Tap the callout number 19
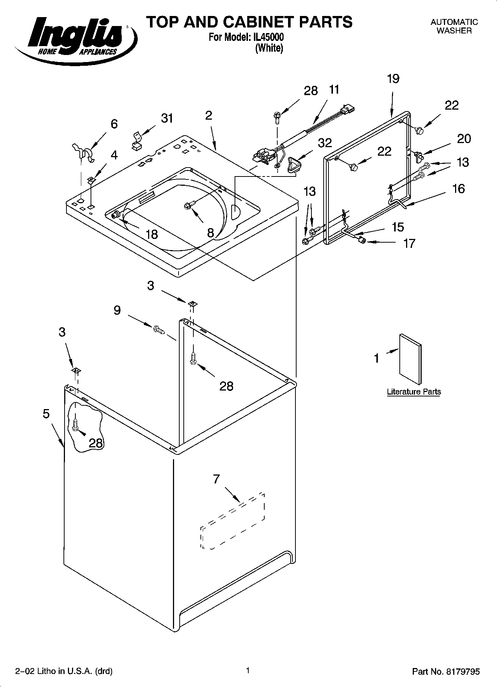[393, 79]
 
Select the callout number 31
[167, 118]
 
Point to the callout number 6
[114, 124]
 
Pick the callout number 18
[152, 234]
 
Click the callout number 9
[117, 310]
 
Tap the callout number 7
[216, 479]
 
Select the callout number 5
[46, 414]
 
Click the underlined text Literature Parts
[414, 392]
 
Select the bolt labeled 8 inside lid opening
[187, 205]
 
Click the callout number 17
[409, 243]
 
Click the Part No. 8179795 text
[446, 671]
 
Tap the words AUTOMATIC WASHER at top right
[454, 26]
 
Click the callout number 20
[464, 139]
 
